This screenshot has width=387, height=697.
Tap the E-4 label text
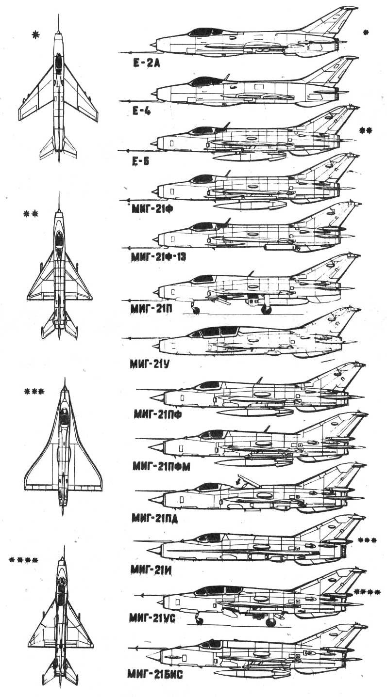[x=141, y=111]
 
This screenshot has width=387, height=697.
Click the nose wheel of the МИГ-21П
[x=196, y=310]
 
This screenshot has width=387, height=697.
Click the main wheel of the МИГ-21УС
[x=271, y=622]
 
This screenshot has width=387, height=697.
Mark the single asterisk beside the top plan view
[x=34, y=34]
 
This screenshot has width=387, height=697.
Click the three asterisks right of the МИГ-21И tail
[x=367, y=540]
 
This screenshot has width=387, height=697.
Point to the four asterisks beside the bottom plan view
[x=24, y=560]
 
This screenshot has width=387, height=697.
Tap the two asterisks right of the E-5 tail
[x=366, y=130]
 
